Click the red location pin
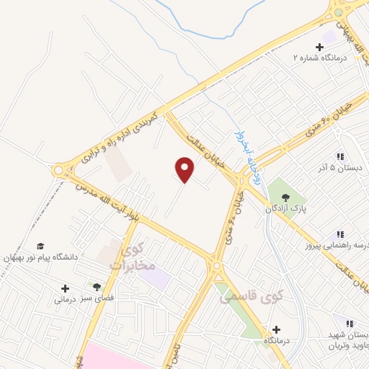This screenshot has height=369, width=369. (x=185, y=170)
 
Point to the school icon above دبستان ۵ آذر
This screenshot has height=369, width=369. (x=339, y=156)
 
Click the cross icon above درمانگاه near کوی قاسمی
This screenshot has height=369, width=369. (x=276, y=329)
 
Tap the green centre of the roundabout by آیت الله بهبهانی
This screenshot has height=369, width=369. (x=338, y=12)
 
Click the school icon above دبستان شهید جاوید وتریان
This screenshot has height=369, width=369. (x=350, y=324)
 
